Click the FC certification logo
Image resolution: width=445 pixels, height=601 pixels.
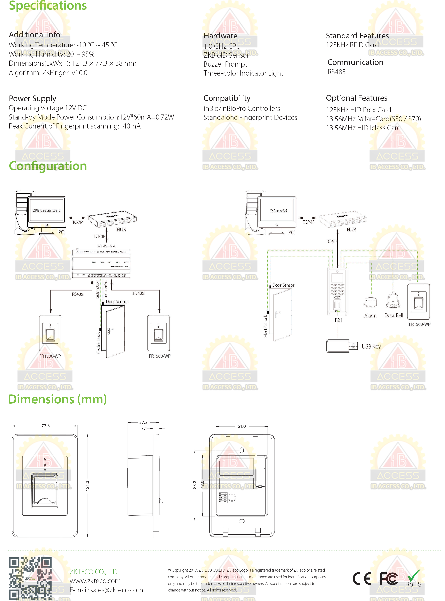tap(389, 578)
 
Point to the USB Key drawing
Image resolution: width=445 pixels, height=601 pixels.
tap(342, 346)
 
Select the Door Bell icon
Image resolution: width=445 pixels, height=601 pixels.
tap(393, 300)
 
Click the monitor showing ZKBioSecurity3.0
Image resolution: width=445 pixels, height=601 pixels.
tap(47, 210)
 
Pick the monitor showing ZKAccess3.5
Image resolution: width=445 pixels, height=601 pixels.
tap(277, 210)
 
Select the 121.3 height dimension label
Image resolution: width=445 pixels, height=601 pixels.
tap(87, 486)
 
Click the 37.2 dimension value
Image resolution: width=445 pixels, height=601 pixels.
tap(143, 422)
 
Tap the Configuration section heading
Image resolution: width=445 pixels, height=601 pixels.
tap(48, 166)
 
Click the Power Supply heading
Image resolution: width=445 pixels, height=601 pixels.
tap(33, 98)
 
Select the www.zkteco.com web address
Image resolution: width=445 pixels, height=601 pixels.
tap(95, 581)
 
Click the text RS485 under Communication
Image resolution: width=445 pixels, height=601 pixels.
tap(336, 72)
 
